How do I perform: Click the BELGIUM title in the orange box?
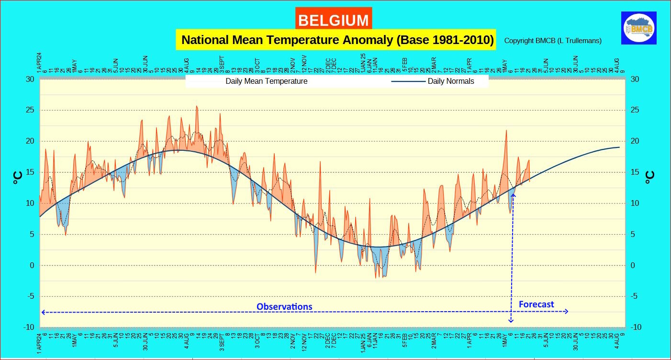333,20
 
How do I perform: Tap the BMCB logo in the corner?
638,28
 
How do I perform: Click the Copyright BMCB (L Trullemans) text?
553,41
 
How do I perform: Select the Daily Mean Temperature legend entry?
266,81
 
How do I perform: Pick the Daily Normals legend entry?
450,81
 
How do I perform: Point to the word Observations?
284,306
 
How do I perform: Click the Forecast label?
536,304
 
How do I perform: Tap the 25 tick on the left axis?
30,110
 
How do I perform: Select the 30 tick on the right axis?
635,79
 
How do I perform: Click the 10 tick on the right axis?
635,203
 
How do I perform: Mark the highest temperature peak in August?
196,107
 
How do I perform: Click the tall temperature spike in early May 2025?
506,131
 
